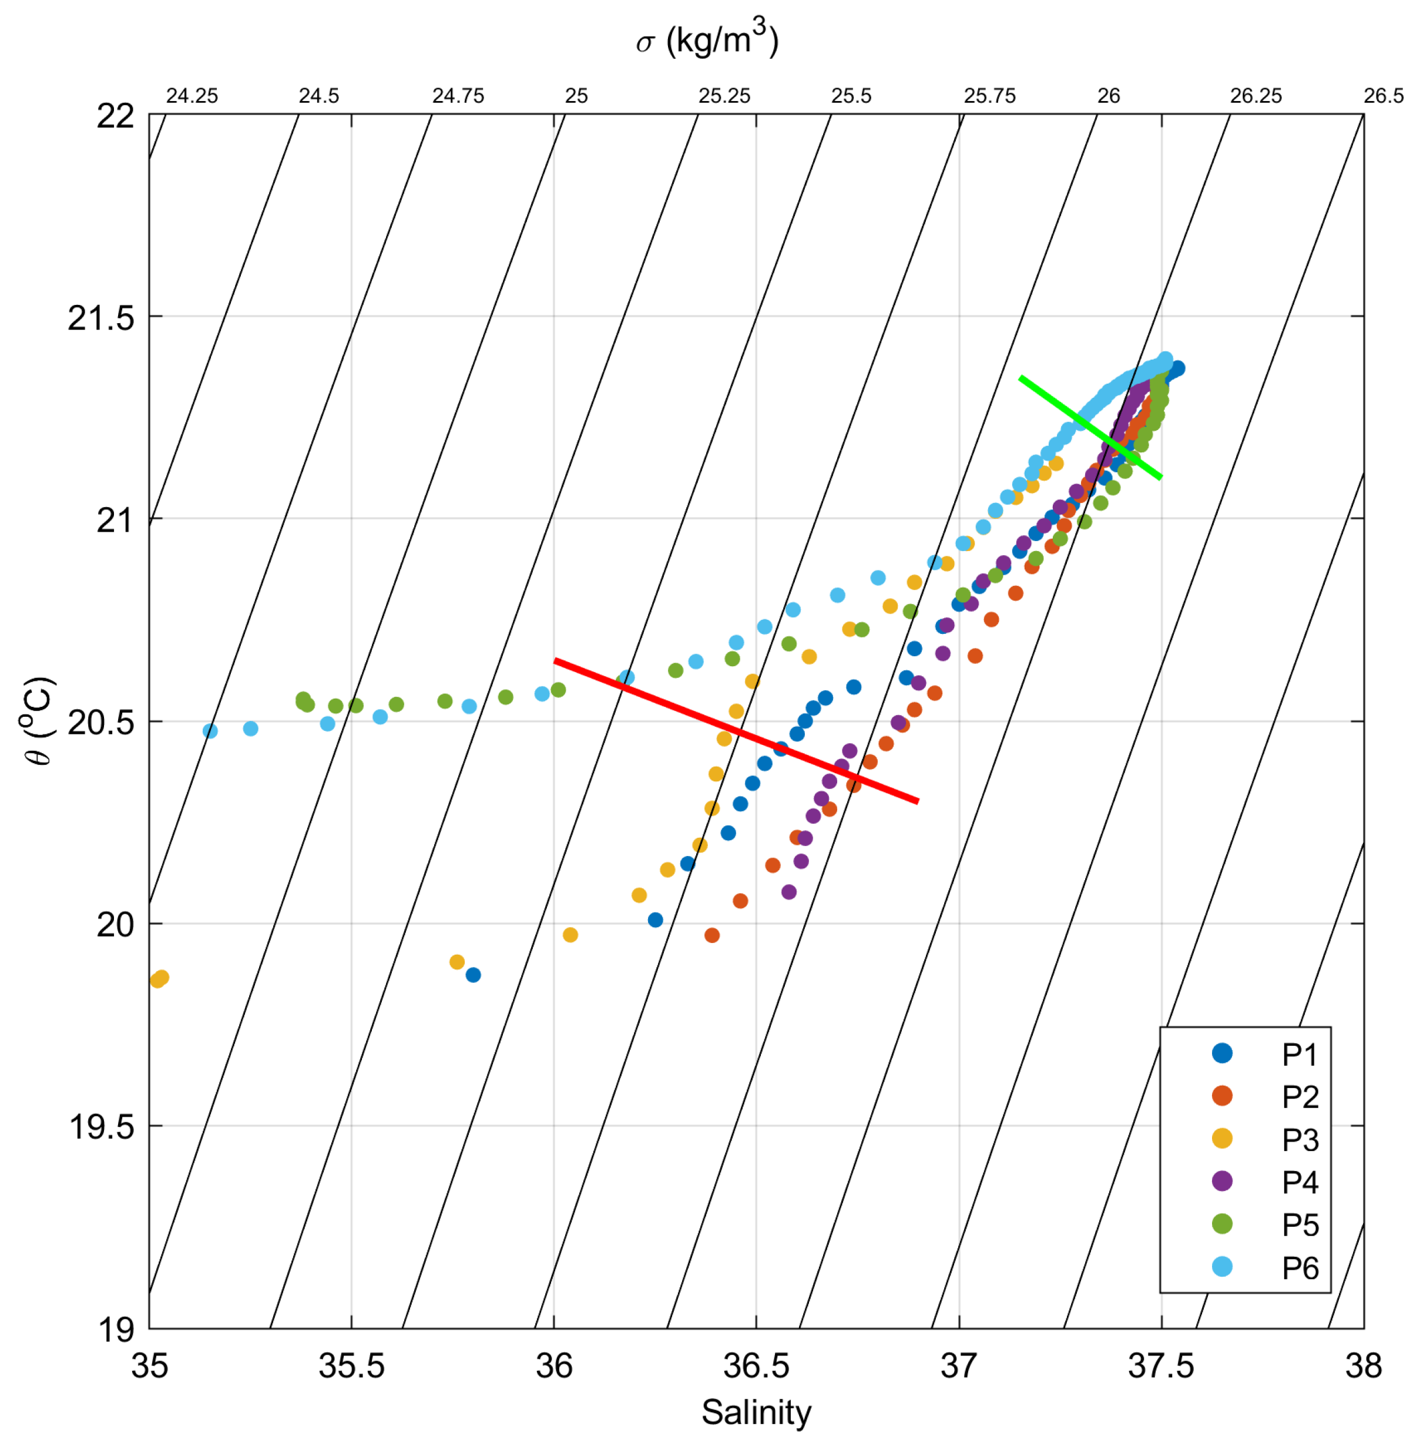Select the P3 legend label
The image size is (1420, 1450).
(x=1300, y=1140)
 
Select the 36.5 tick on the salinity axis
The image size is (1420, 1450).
(x=756, y=1366)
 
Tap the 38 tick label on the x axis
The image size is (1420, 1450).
(x=1364, y=1366)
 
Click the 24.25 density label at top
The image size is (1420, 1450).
(x=192, y=96)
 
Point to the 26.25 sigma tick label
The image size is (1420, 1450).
(x=1256, y=96)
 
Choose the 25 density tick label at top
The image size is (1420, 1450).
(x=576, y=96)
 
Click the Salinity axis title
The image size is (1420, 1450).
(x=756, y=1412)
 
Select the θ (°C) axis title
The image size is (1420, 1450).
(x=37, y=721)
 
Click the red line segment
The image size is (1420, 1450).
(x=736, y=731)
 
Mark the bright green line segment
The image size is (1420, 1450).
(x=1090, y=427)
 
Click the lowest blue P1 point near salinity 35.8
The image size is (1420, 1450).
(x=473, y=975)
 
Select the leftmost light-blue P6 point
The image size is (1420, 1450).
(x=210, y=731)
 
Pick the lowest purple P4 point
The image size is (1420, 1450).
(x=789, y=892)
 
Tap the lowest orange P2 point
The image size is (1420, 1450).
(x=712, y=935)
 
